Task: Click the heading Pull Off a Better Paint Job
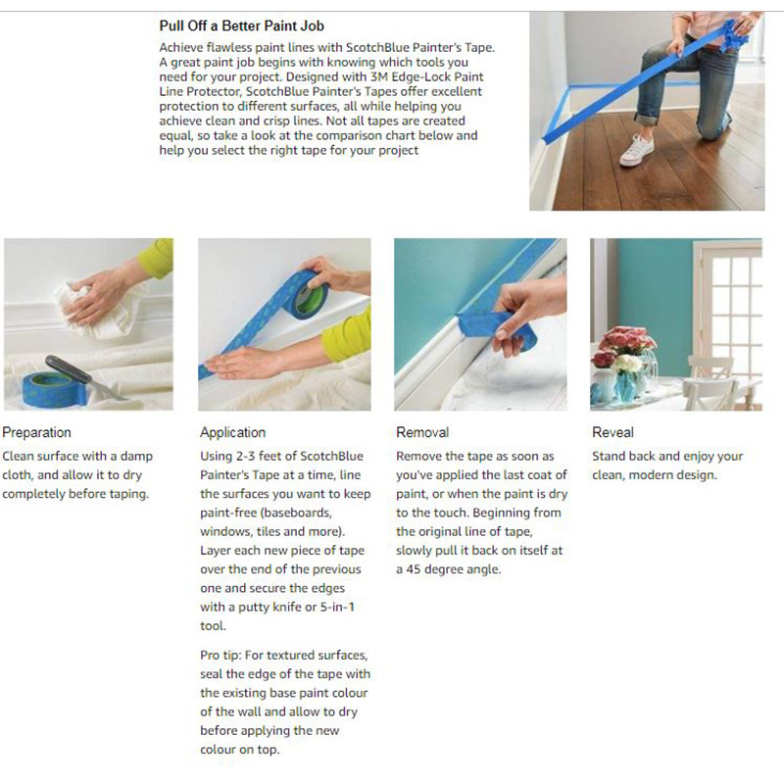click(241, 26)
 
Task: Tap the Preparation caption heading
click(36, 432)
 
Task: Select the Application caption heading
click(233, 432)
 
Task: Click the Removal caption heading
click(422, 432)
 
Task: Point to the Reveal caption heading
click(613, 432)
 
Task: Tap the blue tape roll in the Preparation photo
click(54, 390)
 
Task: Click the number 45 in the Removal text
click(413, 569)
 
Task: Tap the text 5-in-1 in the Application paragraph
click(337, 607)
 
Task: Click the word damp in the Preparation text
click(136, 457)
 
